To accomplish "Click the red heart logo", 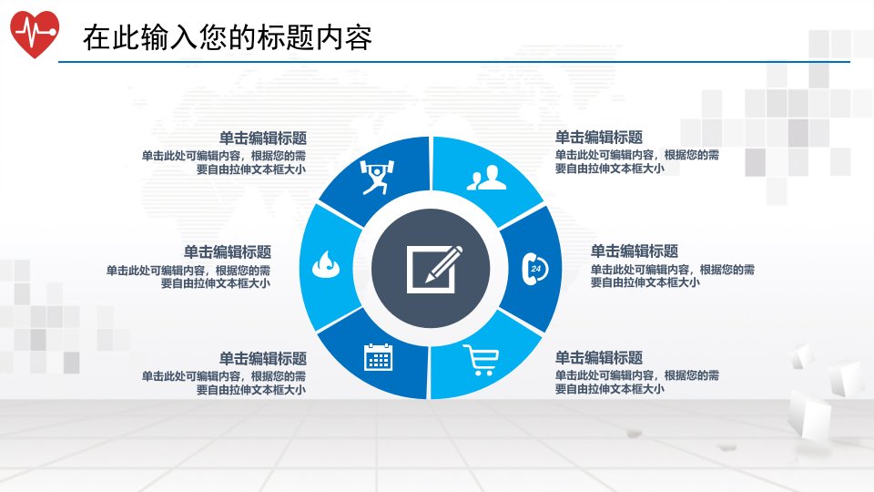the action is tap(34, 34).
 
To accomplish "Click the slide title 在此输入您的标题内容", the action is tap(228, 38).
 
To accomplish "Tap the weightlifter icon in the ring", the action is tap(377, 177).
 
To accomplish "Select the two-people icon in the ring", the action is tap(486, 178).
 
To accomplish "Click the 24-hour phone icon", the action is tap(535, 269).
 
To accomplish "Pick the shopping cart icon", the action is tap(481, 360).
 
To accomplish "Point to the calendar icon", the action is tap(379, 357).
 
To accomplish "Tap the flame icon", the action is tap(326, 264).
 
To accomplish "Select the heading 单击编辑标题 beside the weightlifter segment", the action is tap(262, 138).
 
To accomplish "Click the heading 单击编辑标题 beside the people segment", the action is tap(599, 138).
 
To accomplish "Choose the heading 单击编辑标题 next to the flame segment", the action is tap(228, 252).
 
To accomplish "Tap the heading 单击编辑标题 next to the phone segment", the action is tap(635, 251).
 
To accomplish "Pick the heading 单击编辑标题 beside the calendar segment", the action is tap(262, 358).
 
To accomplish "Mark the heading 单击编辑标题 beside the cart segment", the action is tap(599, 357).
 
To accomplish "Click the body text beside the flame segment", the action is tap(188, 277).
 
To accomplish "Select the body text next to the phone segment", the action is tap(673, 275).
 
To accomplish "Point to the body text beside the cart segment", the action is tap(637, 382).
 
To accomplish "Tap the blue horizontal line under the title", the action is tap(454, 62).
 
